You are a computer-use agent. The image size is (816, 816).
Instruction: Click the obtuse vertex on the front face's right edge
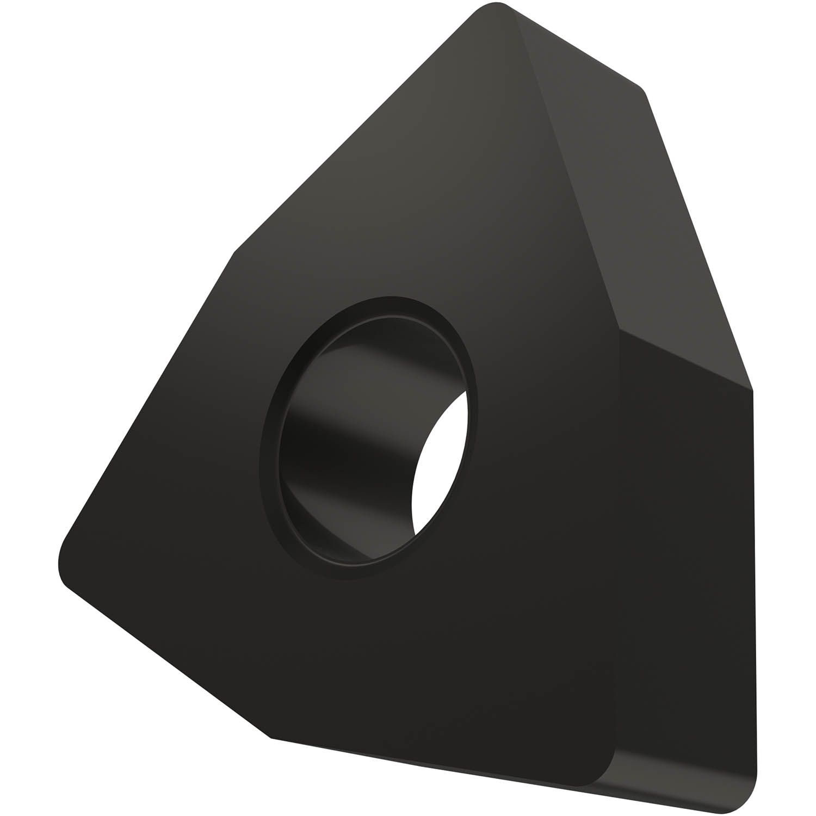pos(619,329)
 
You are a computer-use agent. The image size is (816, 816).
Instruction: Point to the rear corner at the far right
pos(751,388)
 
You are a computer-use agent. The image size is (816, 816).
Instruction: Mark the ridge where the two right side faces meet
pos(685,359)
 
